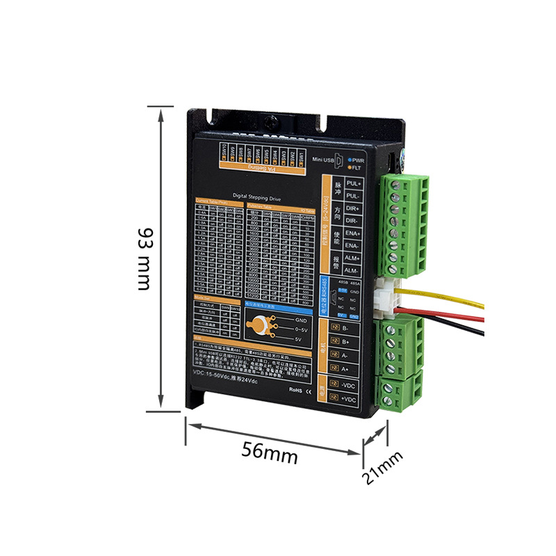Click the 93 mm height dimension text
[x=144, y=259]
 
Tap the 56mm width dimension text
[x=270, y=452]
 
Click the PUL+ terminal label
[x=354, y=183]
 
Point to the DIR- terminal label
[x=353, y=220]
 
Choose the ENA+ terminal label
[x=353, y=233]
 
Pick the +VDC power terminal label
[x=349, y=400]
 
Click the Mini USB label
[x=325, y=160]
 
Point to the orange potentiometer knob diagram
[x=259, y=326]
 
